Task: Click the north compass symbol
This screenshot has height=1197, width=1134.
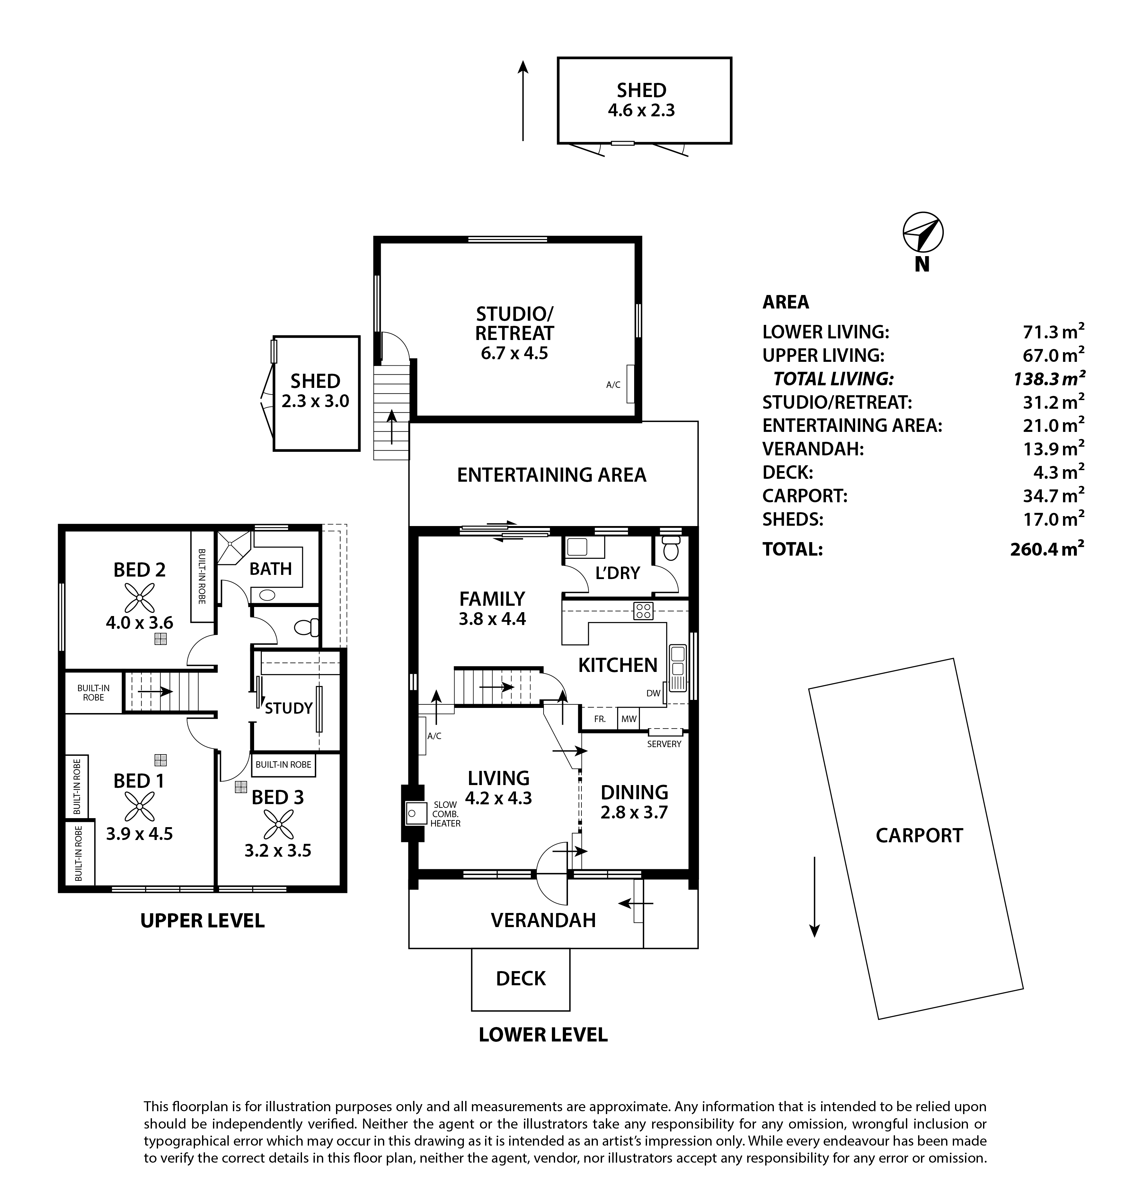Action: (x=923, y=232)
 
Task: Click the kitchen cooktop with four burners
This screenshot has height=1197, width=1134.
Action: (x=643, y=611)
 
